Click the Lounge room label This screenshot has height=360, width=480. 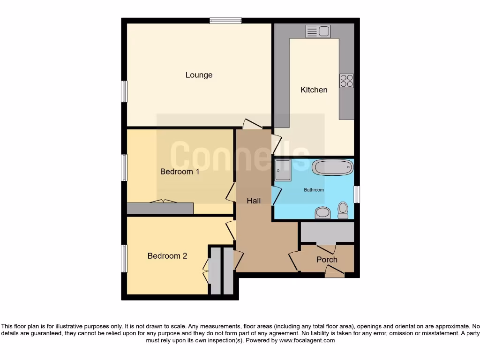click(199, 75)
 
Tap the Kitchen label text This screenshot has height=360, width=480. click(314, 90)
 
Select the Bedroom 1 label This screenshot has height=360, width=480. click(180, 172)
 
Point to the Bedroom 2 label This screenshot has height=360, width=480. click(167, 256)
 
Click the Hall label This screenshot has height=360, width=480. click(254, 201)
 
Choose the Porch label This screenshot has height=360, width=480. click(327, 259)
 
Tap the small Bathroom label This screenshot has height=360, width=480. click(314, 190)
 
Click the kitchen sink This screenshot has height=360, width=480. click(318, 31)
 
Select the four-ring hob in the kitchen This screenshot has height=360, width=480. click(347, 81)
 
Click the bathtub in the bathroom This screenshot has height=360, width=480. click(333, 167)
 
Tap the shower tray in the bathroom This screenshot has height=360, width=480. click(283, 170)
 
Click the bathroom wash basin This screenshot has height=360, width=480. click(322, 213)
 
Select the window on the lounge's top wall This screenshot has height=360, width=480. click(225, 20)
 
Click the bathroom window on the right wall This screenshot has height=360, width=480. click(357, 194)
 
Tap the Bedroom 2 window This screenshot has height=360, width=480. click(124, 258)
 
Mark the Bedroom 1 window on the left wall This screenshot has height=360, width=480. click(124, 167)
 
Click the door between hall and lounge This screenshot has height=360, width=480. click(252, 125)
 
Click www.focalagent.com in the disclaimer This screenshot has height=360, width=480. click(307, 341)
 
